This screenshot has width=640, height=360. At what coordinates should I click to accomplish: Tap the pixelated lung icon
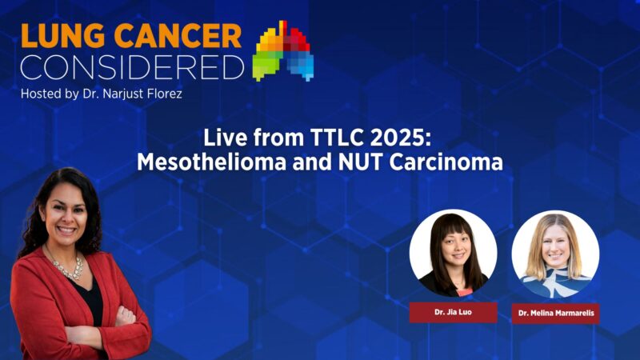283,51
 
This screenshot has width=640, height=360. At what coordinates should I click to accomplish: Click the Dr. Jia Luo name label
453,312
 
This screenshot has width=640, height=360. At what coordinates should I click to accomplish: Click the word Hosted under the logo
42,94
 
